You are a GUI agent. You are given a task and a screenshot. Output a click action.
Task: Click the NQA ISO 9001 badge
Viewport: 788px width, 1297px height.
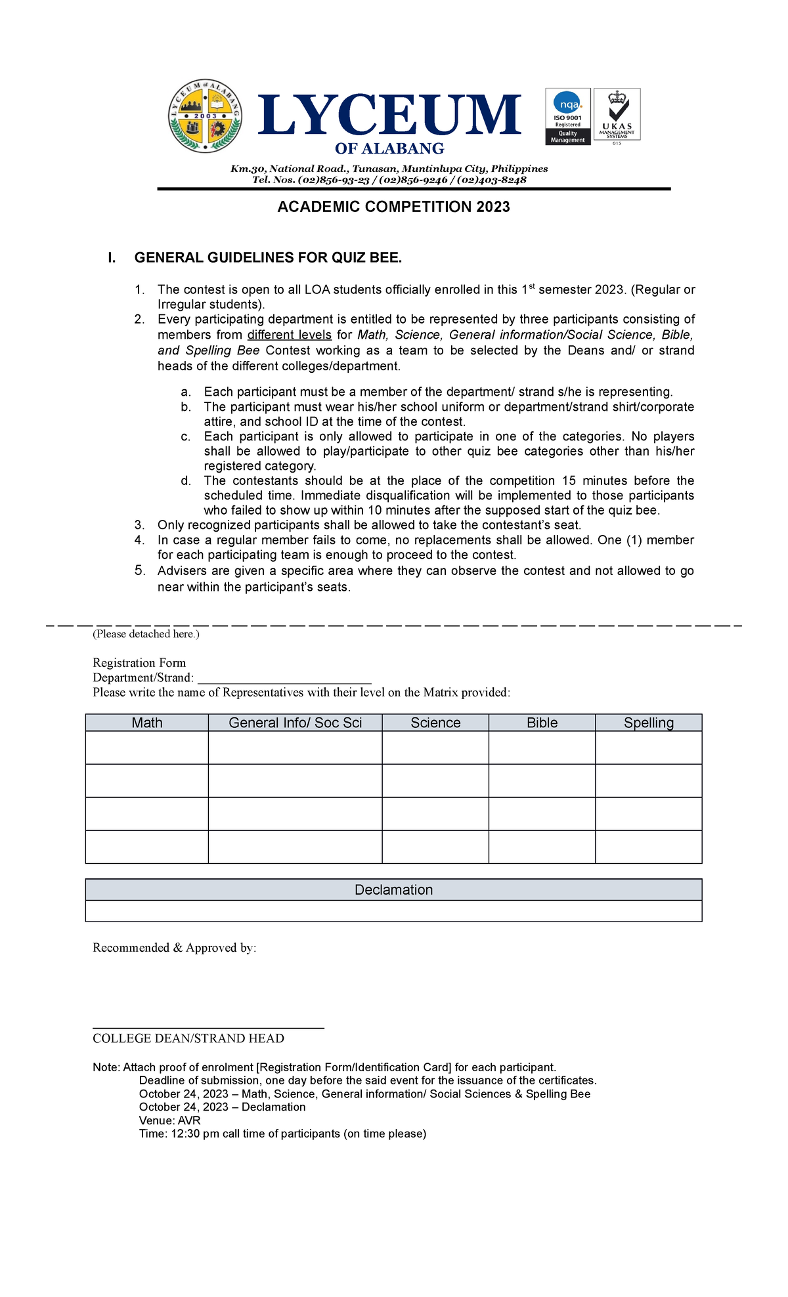click(567, 116)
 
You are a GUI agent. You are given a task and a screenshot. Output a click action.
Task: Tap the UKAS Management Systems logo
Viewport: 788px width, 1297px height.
click(617, 115)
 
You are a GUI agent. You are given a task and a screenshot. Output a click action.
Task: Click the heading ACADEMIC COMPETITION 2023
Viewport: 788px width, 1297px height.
click(393, 207)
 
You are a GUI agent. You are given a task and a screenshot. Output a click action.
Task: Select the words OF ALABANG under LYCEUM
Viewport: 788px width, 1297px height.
click(389, 148)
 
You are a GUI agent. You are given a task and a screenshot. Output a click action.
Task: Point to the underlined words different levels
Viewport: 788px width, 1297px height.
click(289, 335)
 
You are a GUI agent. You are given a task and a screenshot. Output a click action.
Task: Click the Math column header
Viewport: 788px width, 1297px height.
click(147, 723)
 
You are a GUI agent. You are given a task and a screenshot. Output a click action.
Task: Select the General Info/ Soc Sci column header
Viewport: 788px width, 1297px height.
click(295, 723)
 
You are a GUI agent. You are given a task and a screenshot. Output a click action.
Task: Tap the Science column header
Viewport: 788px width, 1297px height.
click(435, 723)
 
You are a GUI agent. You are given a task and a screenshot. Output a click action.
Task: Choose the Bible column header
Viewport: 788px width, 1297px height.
click(542, 723)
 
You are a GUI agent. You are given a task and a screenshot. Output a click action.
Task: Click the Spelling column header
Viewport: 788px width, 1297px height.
click(648, 723)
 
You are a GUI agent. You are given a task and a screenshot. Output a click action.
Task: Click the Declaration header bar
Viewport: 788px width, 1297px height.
click(393, 890)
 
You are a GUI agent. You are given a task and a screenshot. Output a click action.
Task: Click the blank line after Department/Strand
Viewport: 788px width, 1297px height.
click(284, 679)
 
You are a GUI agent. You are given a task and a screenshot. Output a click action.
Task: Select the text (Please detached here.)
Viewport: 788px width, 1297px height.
click(146, 634)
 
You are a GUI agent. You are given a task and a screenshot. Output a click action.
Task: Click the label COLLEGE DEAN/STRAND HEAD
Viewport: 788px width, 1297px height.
click(188, 1038)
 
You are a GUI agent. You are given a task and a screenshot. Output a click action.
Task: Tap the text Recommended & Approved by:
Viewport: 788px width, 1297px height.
click(174, 948)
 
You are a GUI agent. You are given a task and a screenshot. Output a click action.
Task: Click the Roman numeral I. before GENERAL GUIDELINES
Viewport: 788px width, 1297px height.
click(112, 258)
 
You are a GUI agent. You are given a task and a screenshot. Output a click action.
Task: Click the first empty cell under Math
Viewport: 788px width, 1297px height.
click(147, 748)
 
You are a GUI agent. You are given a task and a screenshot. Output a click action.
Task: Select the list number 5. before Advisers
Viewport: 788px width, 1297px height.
click(139, 570)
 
